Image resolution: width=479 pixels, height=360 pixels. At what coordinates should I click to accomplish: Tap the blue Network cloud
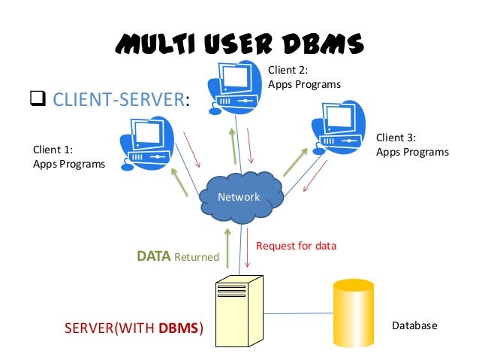(239, 198)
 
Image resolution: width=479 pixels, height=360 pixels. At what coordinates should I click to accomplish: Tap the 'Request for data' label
(296, 246)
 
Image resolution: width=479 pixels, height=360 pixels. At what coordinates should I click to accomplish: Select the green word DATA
(153, 256)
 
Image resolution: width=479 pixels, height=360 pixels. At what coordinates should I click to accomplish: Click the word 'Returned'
(197, 257)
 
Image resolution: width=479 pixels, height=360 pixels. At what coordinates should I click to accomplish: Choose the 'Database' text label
(414, 326)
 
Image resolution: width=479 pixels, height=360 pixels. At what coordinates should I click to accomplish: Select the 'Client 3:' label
(396, 138)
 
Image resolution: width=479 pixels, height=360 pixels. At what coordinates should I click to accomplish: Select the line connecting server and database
(300, 310)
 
